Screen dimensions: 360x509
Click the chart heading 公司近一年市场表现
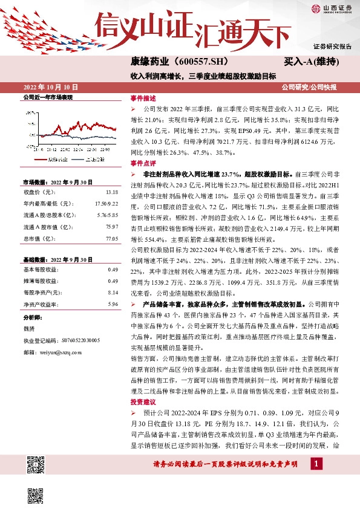point(48,97)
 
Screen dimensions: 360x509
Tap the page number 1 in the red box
point(315,464)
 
